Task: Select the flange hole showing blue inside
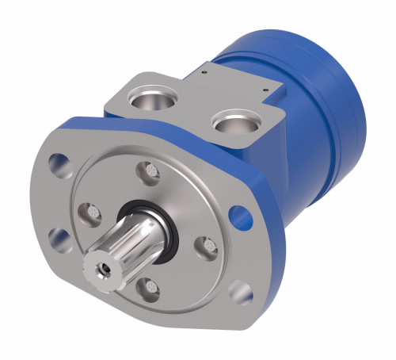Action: (x=236, y=214)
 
